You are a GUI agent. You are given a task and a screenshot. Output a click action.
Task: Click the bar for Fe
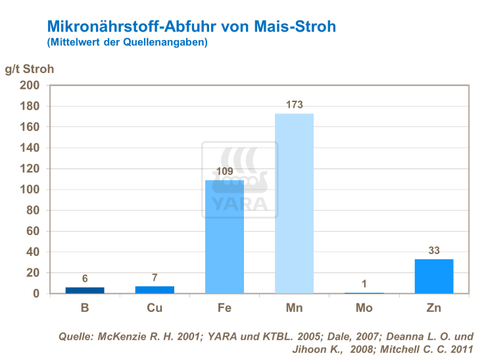(224, 236)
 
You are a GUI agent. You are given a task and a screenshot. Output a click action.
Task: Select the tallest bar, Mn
(294, 203)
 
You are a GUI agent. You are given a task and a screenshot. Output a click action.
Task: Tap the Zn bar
(434, 276)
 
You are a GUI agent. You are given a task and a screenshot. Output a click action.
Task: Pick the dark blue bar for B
(85, 290)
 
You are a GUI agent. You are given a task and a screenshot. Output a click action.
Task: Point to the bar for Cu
(155, 290)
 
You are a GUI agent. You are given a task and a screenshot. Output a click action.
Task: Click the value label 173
(294, 105)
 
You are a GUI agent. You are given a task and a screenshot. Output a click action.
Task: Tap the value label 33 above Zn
(434, 250)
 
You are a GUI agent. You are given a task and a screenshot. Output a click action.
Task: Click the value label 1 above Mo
(364, 283)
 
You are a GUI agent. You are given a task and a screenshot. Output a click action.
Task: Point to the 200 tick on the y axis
(31, 86)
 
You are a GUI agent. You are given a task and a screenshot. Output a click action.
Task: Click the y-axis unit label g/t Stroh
(30, 68)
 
